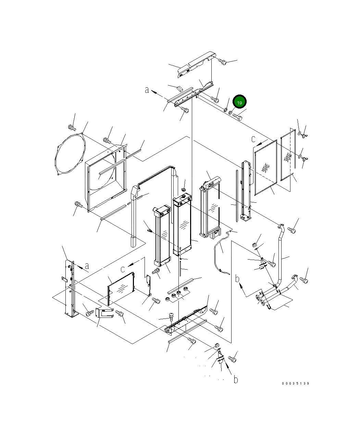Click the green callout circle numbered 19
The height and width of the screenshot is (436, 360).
[239, 102]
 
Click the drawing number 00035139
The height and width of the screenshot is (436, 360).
[295, 383]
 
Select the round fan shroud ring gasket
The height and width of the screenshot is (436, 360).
[70, 154]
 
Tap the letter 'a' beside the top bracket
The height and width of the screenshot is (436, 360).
[147, 90]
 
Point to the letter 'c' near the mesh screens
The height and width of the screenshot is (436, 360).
[253, 139]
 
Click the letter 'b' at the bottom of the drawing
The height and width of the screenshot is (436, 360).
[236, 379]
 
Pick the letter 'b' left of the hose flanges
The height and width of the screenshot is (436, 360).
[237, 278]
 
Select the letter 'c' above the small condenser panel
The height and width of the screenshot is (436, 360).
[123, 269]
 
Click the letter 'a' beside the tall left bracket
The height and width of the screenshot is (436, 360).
[87, 266]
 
